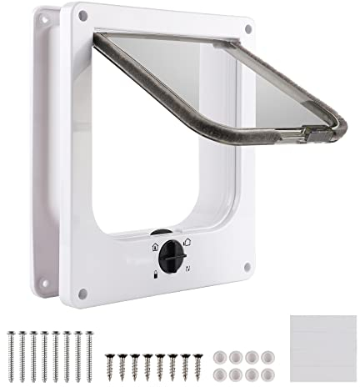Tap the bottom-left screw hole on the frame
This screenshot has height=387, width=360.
pos(82,292)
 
